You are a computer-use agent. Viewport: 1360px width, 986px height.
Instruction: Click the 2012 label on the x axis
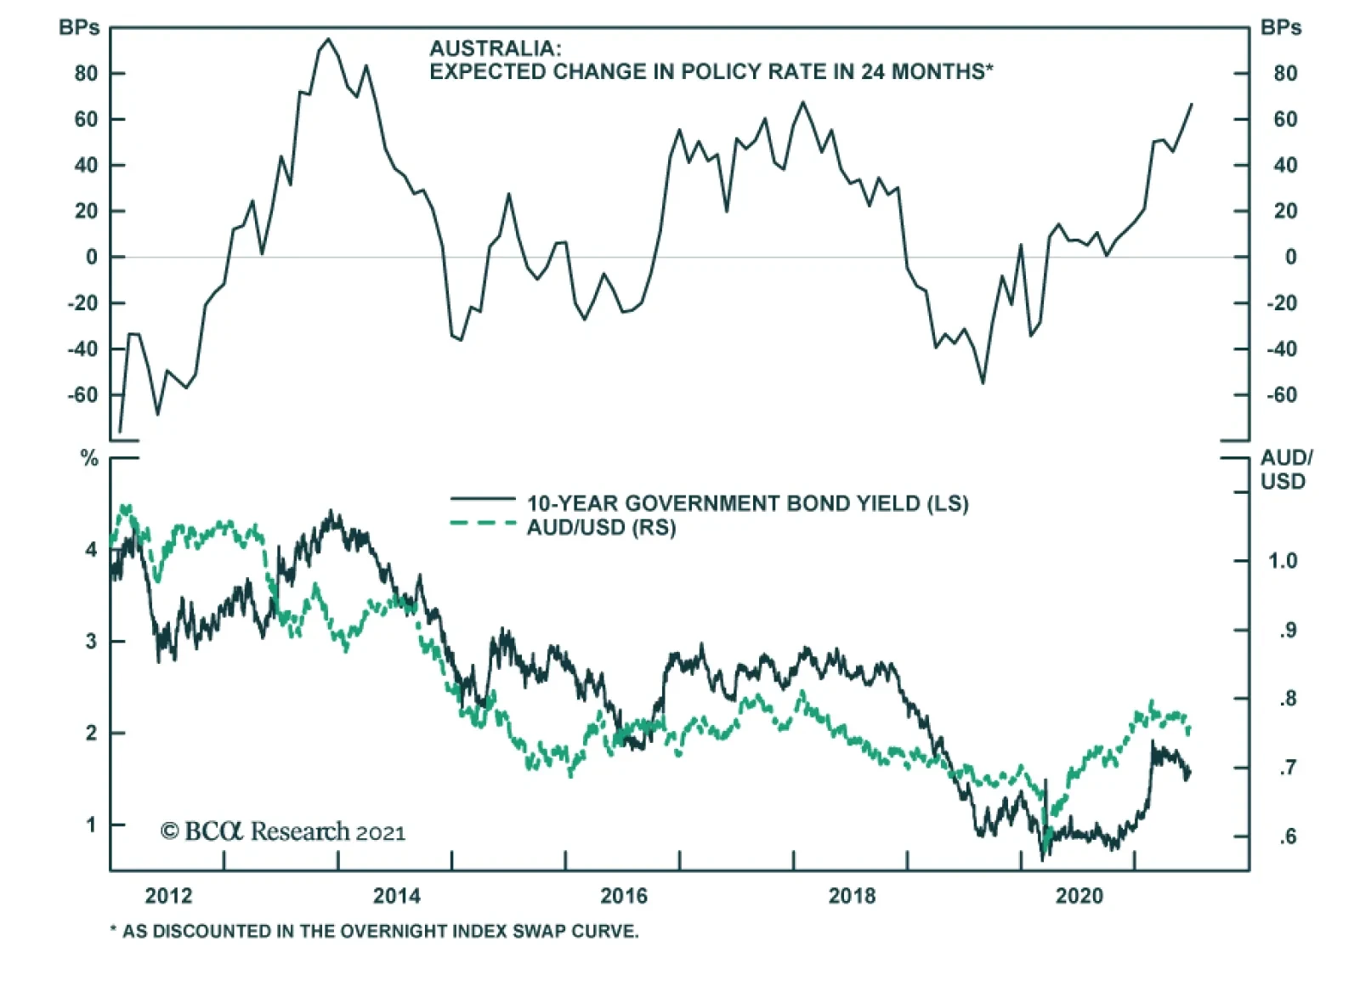click(168, 896)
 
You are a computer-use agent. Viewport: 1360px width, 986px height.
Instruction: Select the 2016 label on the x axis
click(624, 896)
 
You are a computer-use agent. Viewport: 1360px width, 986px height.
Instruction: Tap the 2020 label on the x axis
click(1079, 896)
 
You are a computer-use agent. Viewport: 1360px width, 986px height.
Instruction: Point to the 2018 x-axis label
click(852, 896)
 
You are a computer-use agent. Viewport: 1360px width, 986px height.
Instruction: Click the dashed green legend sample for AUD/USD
click(482, 524)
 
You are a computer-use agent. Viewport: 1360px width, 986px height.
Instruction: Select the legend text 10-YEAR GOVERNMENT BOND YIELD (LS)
click(747, 503)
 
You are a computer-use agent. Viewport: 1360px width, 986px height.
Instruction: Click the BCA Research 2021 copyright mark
click(283, 831)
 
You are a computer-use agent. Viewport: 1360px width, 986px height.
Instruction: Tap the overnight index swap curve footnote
click(374, 932)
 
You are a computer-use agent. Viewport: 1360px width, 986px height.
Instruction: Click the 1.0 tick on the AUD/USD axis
click(1283, 561)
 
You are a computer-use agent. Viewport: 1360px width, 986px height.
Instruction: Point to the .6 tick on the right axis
click(1287, 836)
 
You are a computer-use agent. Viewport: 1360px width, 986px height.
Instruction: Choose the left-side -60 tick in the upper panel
click(83, 395)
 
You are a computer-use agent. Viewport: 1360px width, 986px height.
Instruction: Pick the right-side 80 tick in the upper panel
click(1285, 74)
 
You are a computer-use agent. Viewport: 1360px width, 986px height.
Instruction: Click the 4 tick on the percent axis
click(91, 550)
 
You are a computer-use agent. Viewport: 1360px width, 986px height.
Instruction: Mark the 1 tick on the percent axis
click(91, 824)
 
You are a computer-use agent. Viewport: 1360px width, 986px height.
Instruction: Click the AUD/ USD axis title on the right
click(1285, 469)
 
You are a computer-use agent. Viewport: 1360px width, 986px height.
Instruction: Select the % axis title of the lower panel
click(89, 459)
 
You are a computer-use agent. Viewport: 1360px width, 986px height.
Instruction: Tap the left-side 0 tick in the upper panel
click(92, 257)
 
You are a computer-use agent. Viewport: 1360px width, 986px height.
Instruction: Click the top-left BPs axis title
click(79, 28)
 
